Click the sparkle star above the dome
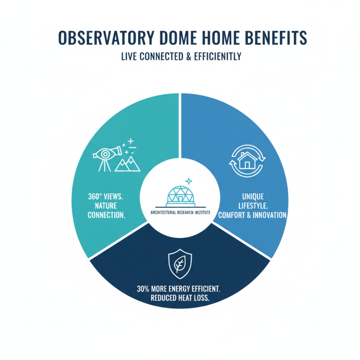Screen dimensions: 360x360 point(189,181)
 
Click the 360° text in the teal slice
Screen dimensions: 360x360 point(82,197)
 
